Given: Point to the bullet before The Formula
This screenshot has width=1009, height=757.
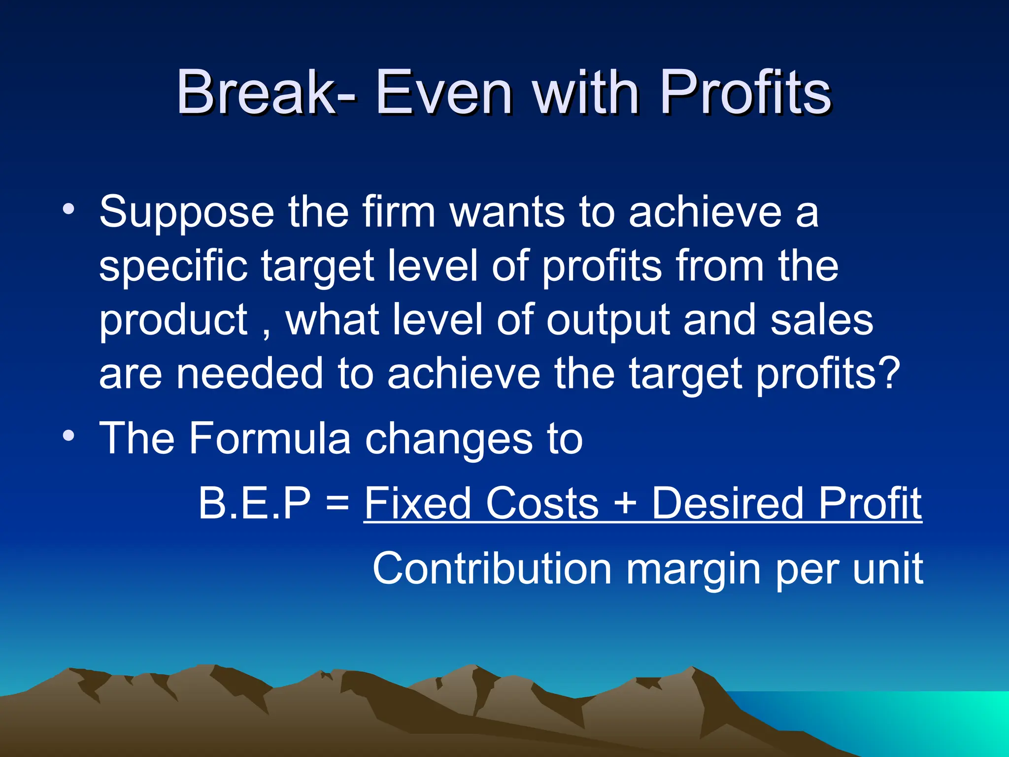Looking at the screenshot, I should (x=69, y=436).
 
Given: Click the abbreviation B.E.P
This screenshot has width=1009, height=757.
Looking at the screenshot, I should (x=254, y=503).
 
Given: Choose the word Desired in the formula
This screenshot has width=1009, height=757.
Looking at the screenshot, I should (x=729, y=503).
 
